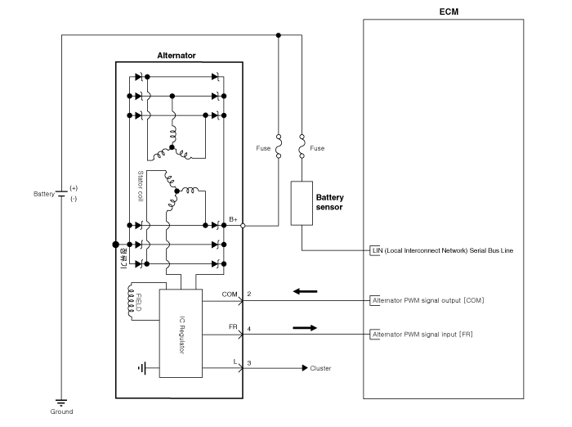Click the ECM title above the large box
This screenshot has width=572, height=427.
449,11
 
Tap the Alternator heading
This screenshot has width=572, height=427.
177,56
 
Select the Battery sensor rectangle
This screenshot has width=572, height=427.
302,203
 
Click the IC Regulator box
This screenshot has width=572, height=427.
181,334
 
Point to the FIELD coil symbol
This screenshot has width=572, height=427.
131,301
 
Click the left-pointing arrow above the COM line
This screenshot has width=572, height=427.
305,291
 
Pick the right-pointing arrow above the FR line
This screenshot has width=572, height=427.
305,328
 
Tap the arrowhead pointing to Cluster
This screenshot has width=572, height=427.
305,368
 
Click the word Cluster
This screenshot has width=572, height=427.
320,368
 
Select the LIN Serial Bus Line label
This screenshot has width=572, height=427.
443,250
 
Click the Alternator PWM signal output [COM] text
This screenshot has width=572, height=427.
428,300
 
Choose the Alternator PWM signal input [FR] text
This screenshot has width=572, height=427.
422,335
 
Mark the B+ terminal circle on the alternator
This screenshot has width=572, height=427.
243,226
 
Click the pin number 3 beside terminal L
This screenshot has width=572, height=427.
249,363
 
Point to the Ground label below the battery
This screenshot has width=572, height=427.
61,411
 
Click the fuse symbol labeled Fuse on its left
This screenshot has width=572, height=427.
279,146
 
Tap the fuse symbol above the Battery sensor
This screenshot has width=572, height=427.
302,146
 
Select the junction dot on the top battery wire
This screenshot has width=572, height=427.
279,35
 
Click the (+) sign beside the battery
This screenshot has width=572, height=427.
74,188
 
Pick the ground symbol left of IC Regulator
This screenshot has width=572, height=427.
142,368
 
